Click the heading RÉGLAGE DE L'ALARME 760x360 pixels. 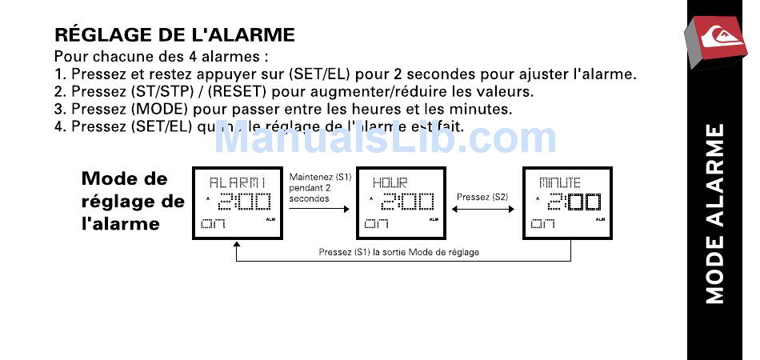[174, 35]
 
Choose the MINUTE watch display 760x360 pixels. [566, 203]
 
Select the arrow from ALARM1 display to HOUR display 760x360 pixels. [319, 208]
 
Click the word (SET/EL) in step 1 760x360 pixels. [323, 74]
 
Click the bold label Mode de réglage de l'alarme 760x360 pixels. [132, 201]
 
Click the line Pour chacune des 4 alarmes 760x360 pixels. [160, 58]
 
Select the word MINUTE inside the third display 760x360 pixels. [559, 183]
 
